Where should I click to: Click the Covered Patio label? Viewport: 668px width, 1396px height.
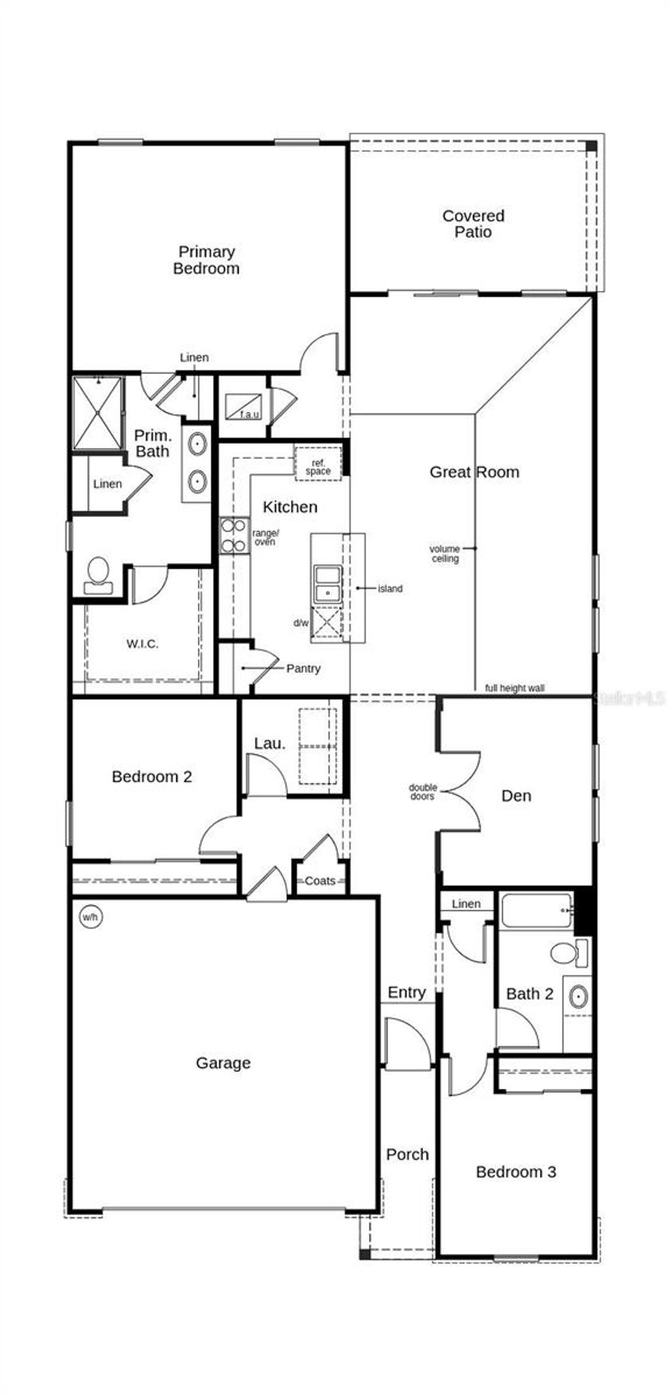473,224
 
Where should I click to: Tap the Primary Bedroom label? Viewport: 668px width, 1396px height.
206,260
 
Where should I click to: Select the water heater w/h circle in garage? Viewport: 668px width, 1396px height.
91,917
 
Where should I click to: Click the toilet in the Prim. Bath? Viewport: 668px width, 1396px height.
99,574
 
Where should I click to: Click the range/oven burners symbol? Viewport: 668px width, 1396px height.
234,535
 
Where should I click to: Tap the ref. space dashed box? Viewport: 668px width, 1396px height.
318,464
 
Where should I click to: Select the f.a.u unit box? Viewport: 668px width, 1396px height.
243,406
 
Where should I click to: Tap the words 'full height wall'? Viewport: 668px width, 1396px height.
514,688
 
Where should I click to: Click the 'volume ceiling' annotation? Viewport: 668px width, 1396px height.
444,554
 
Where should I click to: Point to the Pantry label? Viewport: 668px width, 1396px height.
303,668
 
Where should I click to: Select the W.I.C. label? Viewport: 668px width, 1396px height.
142,644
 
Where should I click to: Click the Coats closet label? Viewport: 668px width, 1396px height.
320,881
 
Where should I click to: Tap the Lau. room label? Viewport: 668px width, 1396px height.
269,743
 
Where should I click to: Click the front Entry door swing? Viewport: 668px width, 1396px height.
407,1043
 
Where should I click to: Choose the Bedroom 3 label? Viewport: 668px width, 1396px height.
515,1172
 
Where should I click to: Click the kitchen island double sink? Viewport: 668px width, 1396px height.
327,584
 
